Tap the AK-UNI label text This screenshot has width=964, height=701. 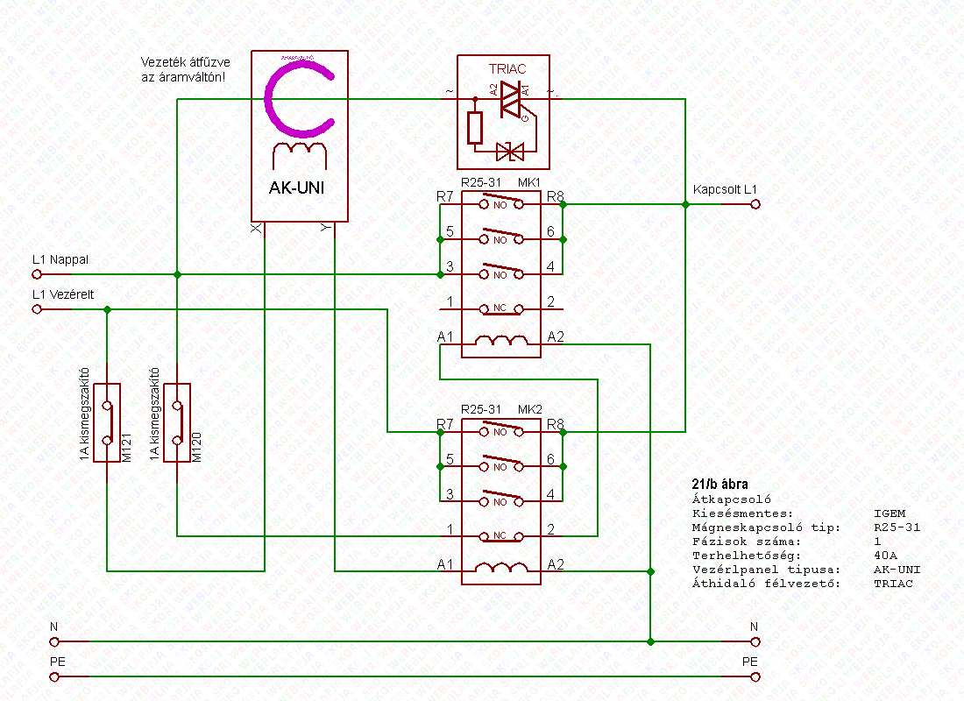[299, 188]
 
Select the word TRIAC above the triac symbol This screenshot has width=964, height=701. [506, 68]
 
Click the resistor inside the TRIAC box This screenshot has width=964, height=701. [475, 128]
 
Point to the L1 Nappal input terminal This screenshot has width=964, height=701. [37, 274]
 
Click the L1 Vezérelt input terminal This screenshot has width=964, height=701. [37, 309]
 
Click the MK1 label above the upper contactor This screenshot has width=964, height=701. [529, 182]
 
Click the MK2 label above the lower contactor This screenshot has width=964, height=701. [529, 410]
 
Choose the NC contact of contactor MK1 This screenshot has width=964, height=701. [500, 308]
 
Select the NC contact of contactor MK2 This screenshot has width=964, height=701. [500, 535]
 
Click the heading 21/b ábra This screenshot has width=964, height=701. [719, 484]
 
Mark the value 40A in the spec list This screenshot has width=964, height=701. [886, 556]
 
